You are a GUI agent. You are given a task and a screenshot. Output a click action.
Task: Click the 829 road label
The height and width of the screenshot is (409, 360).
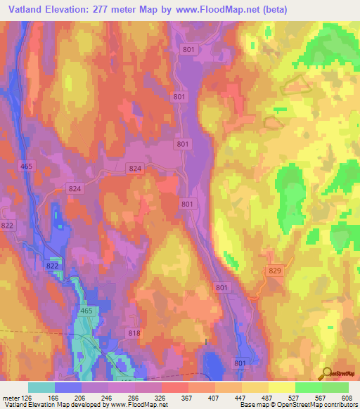275,270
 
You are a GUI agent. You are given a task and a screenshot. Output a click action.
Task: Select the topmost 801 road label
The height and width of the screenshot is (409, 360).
189,49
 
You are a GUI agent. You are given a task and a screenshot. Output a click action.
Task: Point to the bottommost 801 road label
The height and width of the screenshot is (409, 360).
240,363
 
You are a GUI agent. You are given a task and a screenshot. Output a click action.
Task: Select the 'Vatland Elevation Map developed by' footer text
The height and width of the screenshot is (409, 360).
53,404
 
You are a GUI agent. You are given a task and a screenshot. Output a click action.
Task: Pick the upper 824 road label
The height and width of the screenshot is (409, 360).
136,168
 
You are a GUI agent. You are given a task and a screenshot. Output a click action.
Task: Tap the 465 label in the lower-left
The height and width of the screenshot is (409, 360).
86,311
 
